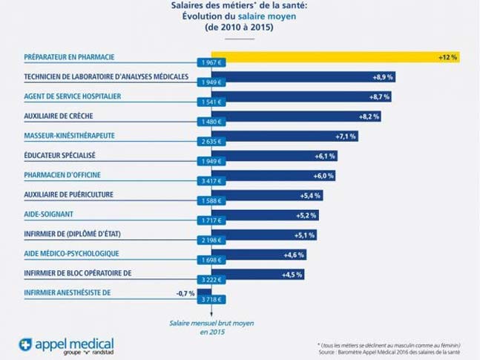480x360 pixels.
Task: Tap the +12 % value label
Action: [447, 57]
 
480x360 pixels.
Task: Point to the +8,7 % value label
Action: [378, 96]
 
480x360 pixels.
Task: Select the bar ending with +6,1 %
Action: [274, 156]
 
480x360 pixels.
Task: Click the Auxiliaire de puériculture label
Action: [70, 194]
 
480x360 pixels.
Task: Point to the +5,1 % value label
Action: [304, 235]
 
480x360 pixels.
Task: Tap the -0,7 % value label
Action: [185, 293]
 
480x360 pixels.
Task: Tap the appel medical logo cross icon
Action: [27, 344]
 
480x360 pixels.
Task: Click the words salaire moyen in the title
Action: [257, 16]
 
